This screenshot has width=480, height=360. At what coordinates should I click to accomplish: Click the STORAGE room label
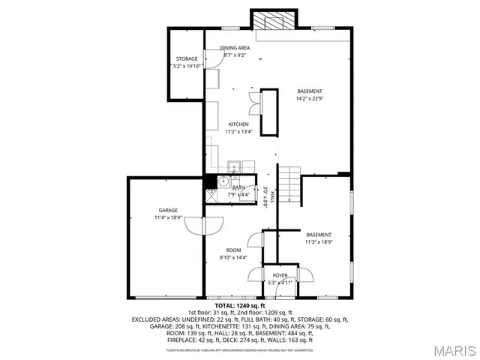click(187, 58)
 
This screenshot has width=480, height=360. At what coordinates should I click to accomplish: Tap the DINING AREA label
click(235, 48)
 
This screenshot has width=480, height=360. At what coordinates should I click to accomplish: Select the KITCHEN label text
click(238, 124)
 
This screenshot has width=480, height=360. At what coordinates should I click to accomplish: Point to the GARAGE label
click(167, 210)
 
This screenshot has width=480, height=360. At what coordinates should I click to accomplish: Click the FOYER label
click(280, 275)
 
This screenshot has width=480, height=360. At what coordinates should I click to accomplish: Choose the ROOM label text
click(234, 250)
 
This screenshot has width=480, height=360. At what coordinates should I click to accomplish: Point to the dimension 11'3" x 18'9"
click(318, 241)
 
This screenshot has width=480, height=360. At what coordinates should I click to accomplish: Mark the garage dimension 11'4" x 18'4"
click(168, 217)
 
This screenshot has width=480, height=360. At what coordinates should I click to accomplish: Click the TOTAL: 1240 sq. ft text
click(240, 306)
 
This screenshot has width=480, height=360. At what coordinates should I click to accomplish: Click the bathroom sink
click(223, 181)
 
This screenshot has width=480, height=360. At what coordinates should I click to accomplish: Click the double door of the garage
click(205, 224)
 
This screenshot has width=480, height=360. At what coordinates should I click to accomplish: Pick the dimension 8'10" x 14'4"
click(234, 257)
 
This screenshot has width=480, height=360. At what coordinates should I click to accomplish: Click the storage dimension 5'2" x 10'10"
click(187, 66)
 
